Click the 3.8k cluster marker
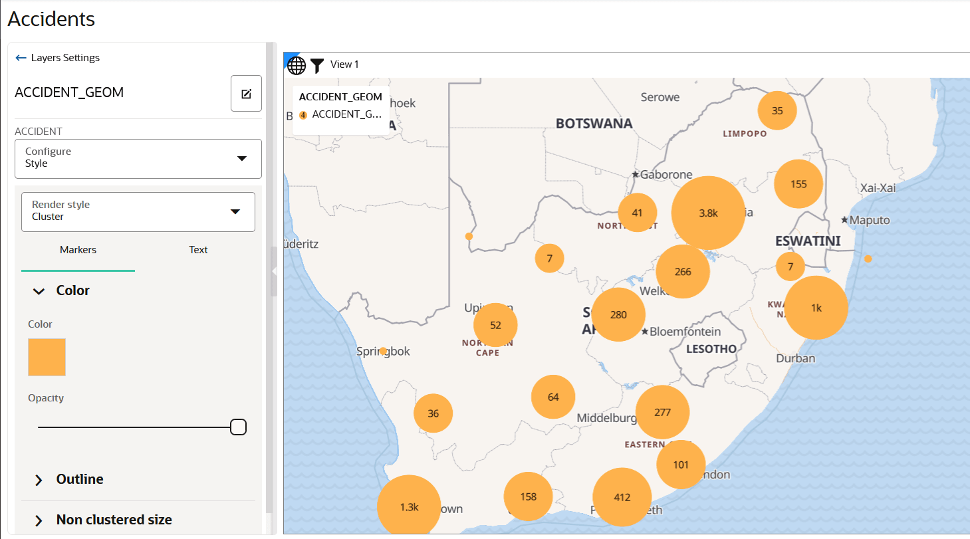(708, 213)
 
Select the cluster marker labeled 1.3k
(409, 506)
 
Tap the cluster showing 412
(622, 497)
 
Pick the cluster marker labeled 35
(777, 110)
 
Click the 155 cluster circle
(798, 184)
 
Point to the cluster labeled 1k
(816, 308)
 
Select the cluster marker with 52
(495, 325)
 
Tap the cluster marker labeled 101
(681, 465)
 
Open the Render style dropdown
(138, 212)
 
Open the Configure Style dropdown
(138, 159)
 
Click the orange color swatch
(47, 357)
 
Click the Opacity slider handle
(238, 427)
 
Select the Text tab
(198, 250)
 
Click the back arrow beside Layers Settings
(21, 58)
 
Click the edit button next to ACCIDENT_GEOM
(246, 94)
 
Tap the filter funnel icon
(317, 64)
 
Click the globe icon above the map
(297, 65)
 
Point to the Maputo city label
(870, 220)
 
